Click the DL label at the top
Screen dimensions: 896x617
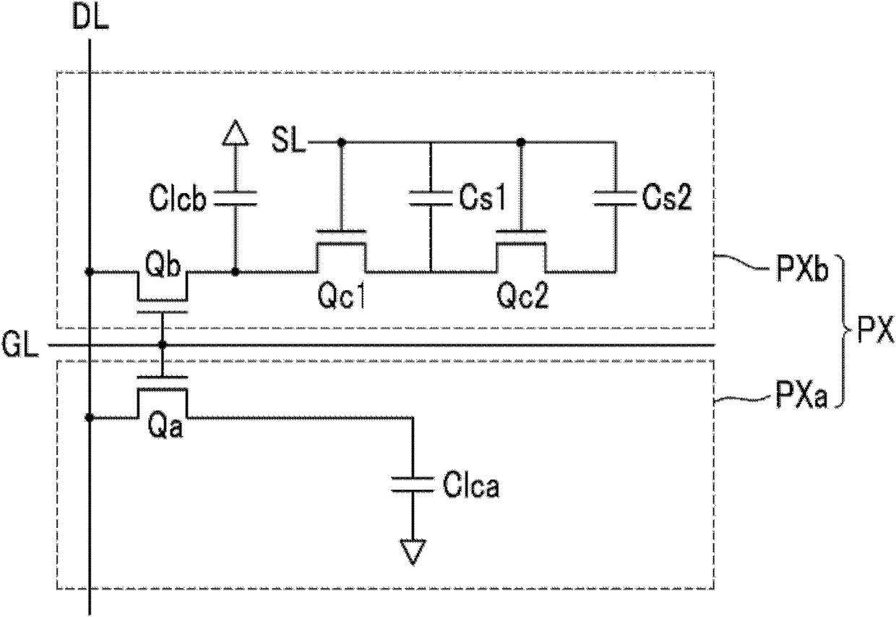[x=90, y=17]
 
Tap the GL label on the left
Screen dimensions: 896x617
[x=20, y=345]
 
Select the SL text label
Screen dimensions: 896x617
[x=288, y=140]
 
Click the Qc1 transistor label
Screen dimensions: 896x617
[x=342, y=297]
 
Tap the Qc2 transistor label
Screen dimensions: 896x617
[x=522, y=297]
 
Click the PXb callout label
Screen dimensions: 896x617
[x=802, y=269]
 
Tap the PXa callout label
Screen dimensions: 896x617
[x=801, y=395]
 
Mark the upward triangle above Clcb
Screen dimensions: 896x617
[x=236, y=132]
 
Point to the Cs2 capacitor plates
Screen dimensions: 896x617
[x=615, y=198]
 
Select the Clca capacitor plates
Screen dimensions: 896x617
[x=413, y=485]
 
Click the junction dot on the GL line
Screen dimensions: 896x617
[x=163, y=344]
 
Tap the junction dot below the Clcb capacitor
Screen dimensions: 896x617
[x=236, y=272]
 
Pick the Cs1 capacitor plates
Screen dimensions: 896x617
[x=431, y=198]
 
